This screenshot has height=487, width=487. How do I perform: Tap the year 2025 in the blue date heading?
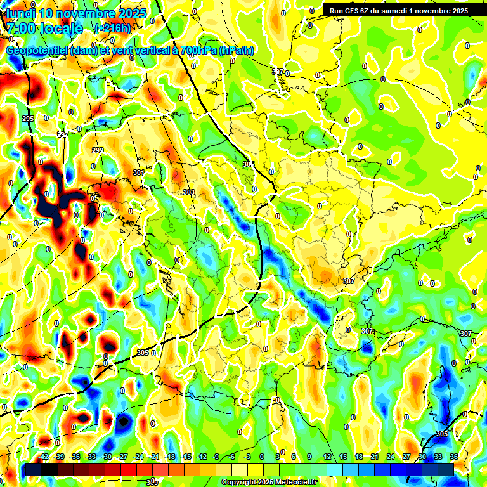129,13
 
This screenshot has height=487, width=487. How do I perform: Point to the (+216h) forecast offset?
112,29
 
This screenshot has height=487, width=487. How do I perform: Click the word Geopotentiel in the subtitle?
38,50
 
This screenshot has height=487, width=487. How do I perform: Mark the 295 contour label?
27,119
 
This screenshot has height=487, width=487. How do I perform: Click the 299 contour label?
97,150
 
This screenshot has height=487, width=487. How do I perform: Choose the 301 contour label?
139,172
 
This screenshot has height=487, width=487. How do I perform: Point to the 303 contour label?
188,192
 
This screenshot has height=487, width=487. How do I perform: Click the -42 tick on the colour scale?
44,457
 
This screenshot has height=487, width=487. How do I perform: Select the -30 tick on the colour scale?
107,457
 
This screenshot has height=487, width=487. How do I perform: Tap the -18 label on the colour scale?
169,457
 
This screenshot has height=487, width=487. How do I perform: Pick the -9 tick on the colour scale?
216,457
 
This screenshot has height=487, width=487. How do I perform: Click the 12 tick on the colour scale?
327,457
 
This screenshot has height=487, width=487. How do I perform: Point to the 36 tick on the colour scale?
453,457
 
